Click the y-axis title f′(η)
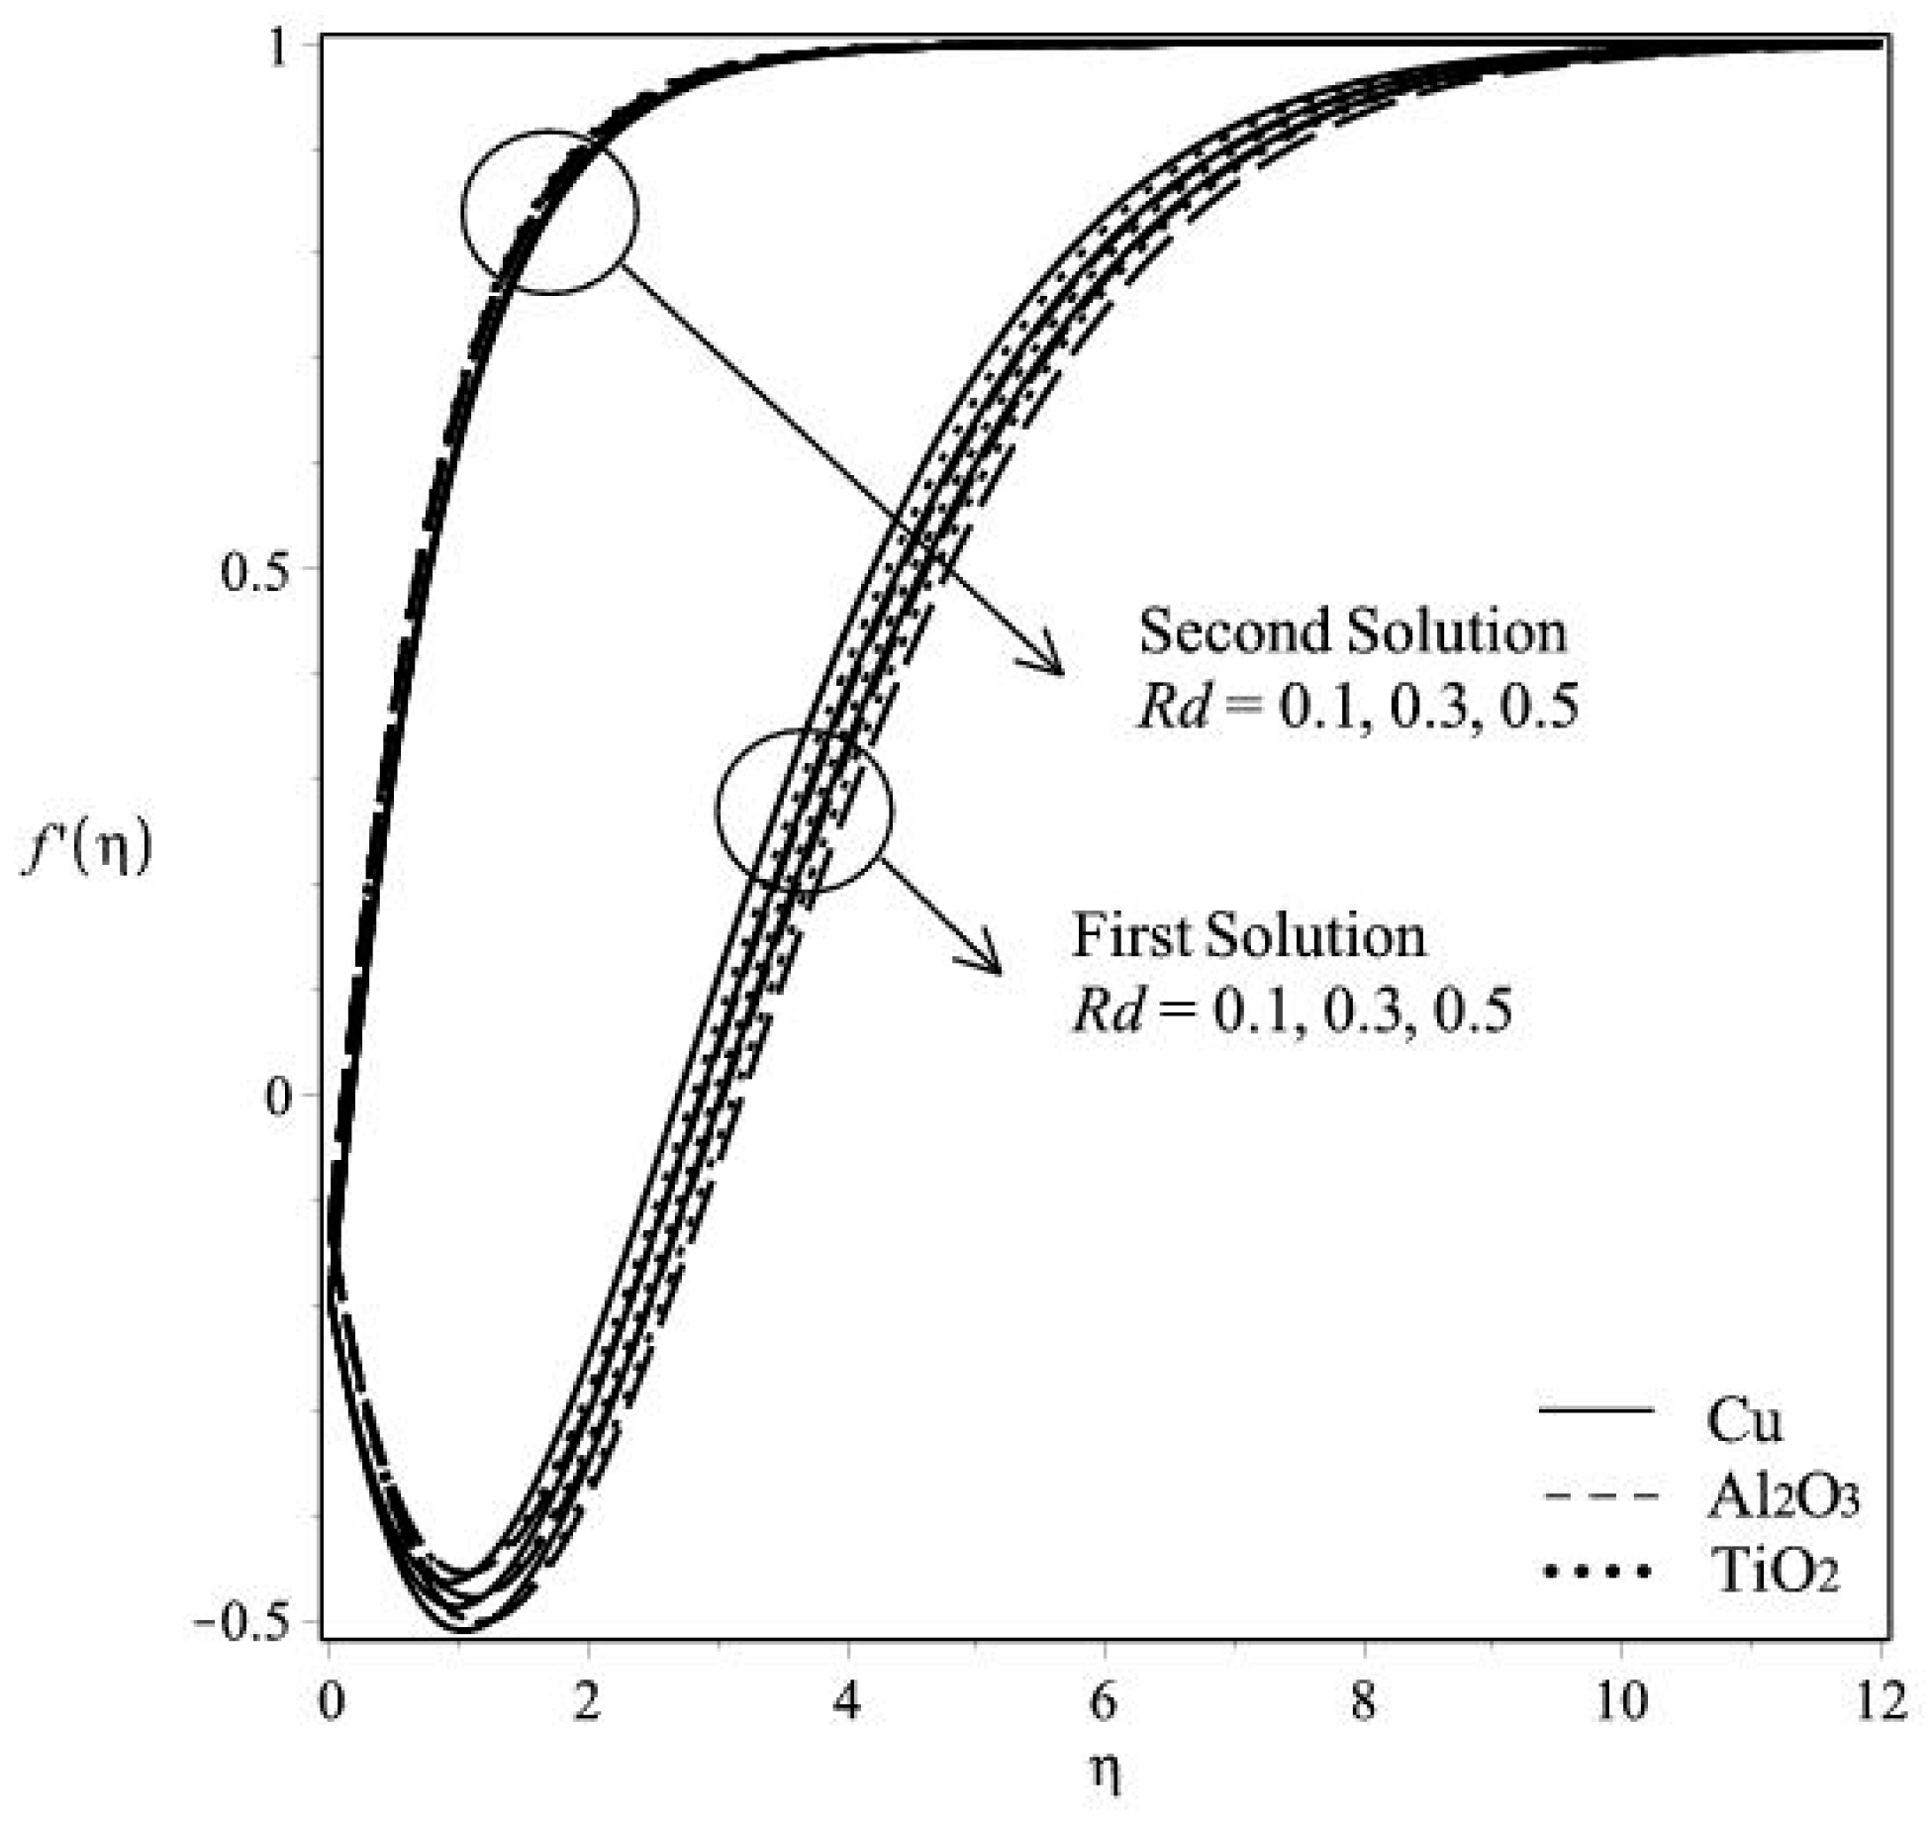click(x=87, y=849)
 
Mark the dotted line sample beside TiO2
click(x=1595, y=1572)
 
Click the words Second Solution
click(x=1352, y=631)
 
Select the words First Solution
click(x=1249, y=935)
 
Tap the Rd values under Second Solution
click(x=1356, y=709)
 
